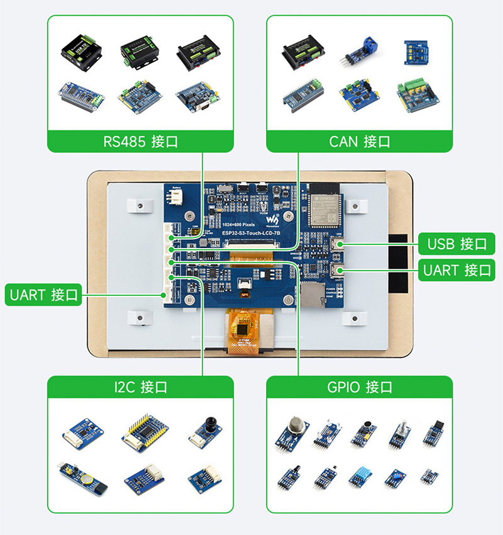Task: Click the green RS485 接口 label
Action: [x=140, y=142]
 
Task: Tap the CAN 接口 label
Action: [x=359, y=142]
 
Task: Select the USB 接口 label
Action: [x=456, y=244]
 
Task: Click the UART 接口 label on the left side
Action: [x=44, y=295]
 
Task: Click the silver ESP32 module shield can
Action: [x=322, y=208]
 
